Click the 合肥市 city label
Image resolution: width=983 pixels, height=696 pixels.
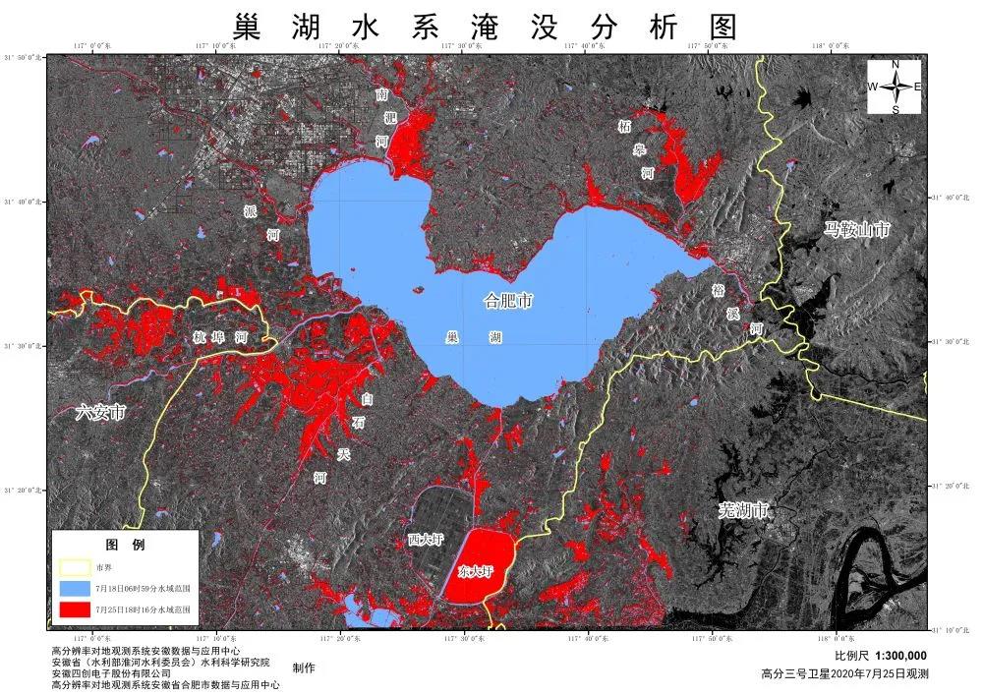pos(509,301)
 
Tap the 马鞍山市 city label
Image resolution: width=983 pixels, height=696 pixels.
pos(857,230)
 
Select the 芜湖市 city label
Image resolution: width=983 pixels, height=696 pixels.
pos(743,510)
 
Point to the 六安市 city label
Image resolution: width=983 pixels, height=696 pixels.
pos(101,413)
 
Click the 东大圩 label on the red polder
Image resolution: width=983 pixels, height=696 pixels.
pos(476,570)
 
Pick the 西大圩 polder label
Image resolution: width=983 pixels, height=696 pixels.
pos(426,541)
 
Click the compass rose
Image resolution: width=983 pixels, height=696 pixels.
pos(895,87)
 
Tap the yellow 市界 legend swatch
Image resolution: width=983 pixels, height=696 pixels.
pos(74,567)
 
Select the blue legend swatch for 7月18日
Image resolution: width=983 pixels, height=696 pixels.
pos(74,588)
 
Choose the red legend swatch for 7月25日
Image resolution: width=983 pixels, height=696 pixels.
pos(74,609)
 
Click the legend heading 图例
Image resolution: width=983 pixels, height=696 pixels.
pos(125,545)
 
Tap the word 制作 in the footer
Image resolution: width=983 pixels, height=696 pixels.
pos(304,667)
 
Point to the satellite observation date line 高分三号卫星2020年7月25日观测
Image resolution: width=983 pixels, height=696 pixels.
pos(844,674)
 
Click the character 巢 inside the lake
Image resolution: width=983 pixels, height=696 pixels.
pos(452,336)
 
